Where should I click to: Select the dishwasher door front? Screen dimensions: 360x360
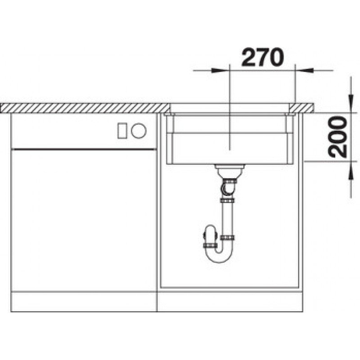click(x=83, y=218)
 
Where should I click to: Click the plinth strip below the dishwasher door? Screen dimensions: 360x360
click(x=83, y=303)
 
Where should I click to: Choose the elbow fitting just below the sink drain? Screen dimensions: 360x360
click(x=230, y=185)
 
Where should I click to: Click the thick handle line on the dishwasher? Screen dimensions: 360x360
click(x=83, y=149)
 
